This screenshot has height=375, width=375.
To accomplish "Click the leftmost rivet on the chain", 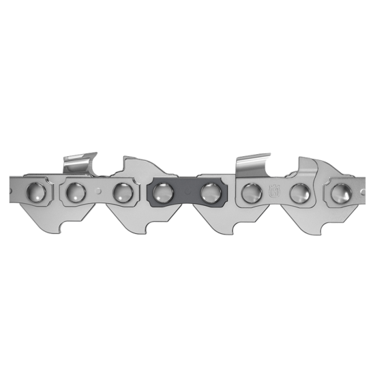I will point(35,190).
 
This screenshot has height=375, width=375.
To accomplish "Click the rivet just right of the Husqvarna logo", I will point(299,192).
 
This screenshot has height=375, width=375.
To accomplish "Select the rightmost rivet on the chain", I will point(338,192).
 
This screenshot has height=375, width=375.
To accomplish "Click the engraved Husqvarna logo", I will point(275,190).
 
